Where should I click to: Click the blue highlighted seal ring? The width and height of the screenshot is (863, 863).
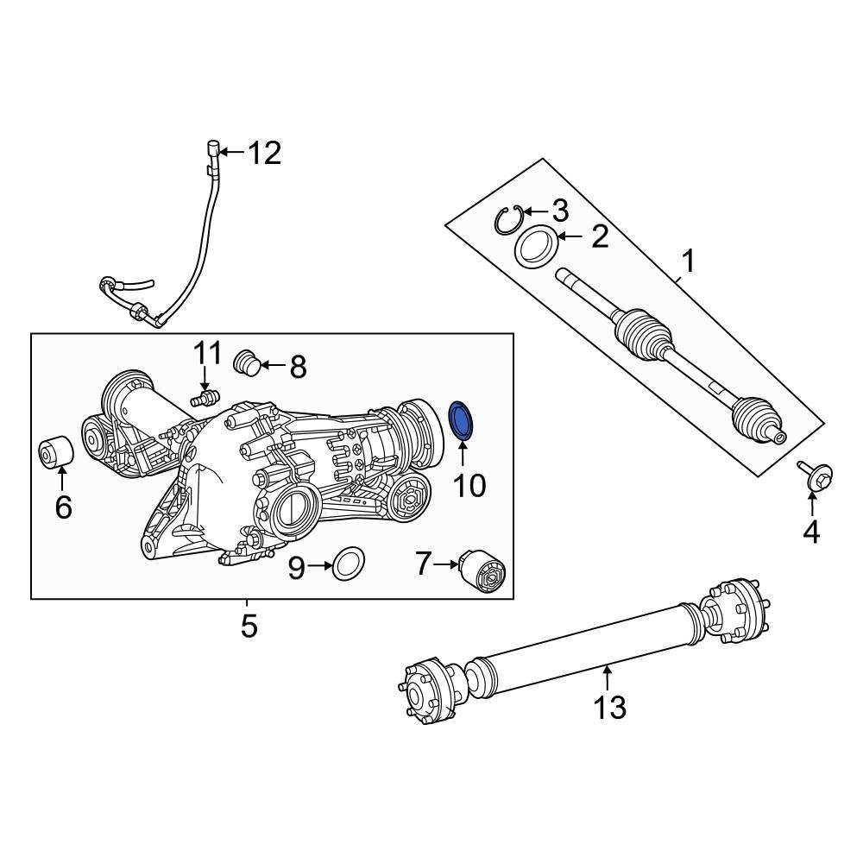[x=463, y=420]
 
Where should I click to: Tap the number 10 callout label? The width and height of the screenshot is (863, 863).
[x=469, y=486]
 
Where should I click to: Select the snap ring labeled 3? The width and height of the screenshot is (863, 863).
[x=510, y=219]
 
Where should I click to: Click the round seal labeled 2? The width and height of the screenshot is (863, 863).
[x=536, y=247]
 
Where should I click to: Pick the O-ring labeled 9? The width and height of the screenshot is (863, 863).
[x=348, y=565]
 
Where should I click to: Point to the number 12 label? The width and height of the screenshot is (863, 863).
[x=264, y=154]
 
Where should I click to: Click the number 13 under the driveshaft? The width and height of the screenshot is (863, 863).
[x=609, y=708]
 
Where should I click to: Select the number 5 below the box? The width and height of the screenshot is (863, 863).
[x=249, y=626]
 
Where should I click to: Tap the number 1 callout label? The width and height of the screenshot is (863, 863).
[x=689, y=259]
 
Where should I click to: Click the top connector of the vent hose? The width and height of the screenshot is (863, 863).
[x=211, y=150]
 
